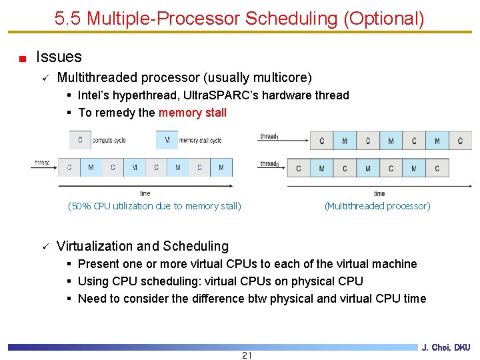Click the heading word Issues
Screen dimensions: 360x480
point(59,57)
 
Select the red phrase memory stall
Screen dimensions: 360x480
point(193,113)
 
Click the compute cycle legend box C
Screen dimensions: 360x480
point(80,140)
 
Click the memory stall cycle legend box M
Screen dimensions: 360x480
point(167,140)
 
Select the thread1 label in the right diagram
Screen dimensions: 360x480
point(269,137)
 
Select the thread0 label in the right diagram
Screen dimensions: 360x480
point(269,163)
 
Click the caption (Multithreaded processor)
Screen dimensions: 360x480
point(377,206)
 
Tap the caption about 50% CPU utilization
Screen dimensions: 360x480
point(155,206)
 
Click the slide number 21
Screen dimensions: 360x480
point(247,355)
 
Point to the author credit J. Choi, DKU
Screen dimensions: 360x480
point(446,347)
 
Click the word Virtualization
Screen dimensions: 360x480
point(97,246)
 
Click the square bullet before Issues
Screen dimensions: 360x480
point(23,59)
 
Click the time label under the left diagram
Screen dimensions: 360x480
point(145,193)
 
